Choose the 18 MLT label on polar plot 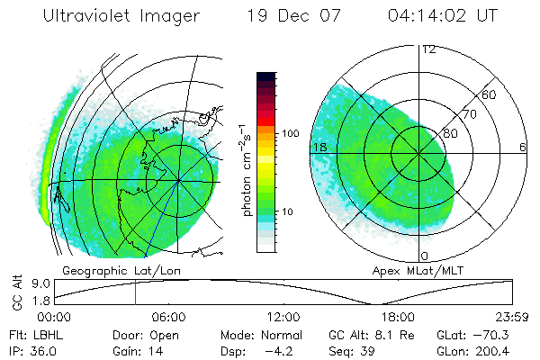[x=318, y=147]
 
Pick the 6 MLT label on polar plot [x=523, y=147]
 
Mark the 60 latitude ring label [x=490, y=94]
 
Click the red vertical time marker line [x=135, y=292]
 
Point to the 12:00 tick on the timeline [x=283, y=318]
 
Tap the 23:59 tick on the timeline [x=513, y=318]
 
